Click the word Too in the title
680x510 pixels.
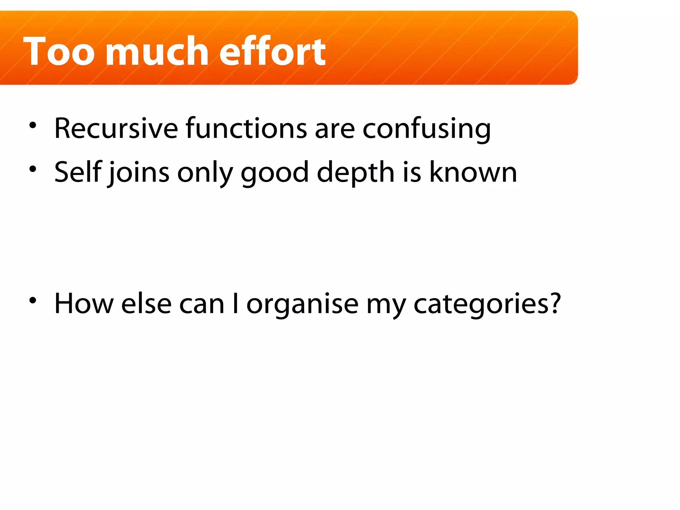click(59, 52)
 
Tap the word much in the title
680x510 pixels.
click(157, 52)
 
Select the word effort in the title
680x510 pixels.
click(272, 52)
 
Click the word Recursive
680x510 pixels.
click(116, 128)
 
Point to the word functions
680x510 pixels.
click(246, 128)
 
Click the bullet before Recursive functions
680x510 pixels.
click(33, 126)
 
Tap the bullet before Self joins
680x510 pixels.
click(33, 169)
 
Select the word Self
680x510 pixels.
click(78, 172)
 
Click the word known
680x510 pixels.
click(473, 172)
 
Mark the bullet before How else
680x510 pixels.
click(33, 300)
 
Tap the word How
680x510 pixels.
click(84, 303)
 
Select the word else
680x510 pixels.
click(146, 303)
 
